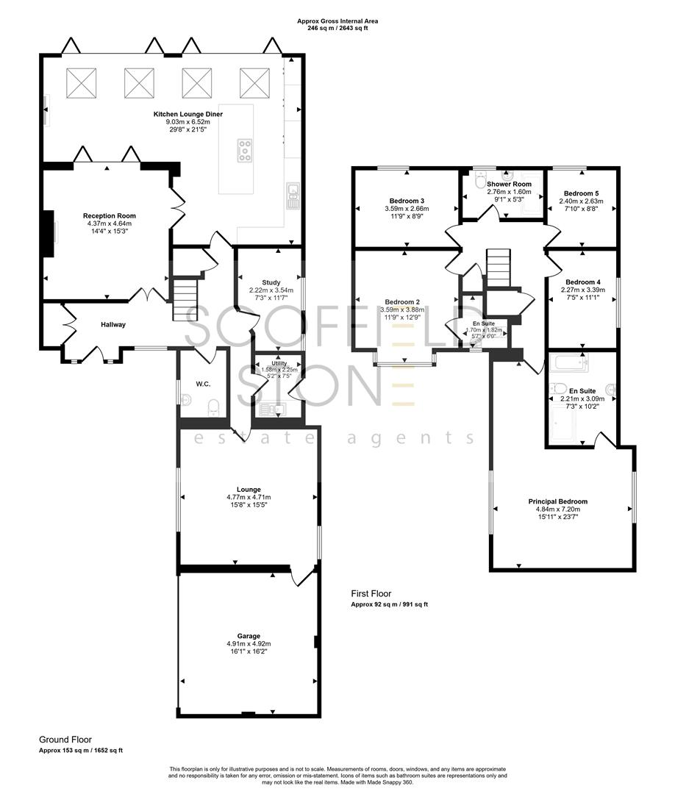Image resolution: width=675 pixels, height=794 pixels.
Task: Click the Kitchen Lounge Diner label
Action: pos(188,115)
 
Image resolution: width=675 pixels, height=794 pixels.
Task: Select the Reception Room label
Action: pos(109,216)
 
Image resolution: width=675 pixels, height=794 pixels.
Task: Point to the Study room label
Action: pos(271,282)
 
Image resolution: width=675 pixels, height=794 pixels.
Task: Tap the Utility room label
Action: pos(279,363)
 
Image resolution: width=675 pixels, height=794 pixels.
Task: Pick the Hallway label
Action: pos(113,324)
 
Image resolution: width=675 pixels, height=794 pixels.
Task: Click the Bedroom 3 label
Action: pos(407,201)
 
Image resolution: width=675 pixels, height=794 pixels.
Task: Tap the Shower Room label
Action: pos(509,184)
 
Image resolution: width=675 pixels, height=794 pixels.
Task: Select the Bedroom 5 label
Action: pos(581,193)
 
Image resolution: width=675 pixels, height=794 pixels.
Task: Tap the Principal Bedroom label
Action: pos(558,501)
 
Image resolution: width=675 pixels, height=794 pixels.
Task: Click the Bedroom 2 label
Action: pos(402,302)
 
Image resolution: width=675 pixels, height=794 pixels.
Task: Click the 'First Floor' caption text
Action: pos(371,593)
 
